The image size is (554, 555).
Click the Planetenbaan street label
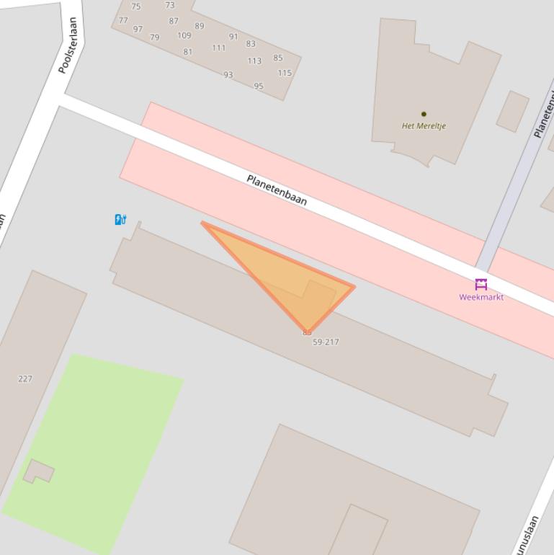(x=277, y=190)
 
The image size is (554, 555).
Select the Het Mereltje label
(x=424, y=126)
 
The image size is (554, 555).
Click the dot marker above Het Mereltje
(x=424, y=114)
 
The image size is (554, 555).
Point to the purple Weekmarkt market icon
(x=481, y=284)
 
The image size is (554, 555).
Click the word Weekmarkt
(x=481, y=297)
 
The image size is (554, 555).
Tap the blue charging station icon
(x=120, y=219)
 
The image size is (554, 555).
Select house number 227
(x=25, y=378)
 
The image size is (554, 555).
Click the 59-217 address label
(x=326, y=342)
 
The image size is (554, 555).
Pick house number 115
(x=285, y=73)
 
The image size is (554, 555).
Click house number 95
(x=259, y=86)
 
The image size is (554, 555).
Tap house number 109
(x=184, y=35)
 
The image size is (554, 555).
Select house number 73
(x=170, y=5)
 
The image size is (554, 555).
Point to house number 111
(x=219, y=48)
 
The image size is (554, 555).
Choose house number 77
(x=123, y=20)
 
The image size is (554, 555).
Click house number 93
(x=228, y=75)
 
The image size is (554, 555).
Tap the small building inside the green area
(x=39, y=471)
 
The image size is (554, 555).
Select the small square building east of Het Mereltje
(x=513, y=111)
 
